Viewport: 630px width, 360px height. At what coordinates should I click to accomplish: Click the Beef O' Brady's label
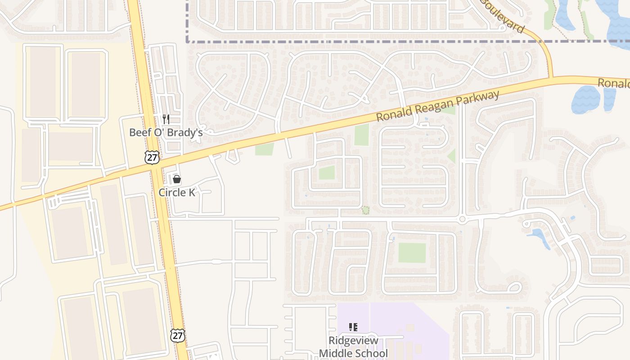tap(166, 132)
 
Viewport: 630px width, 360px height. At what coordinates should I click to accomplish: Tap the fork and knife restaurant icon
tap(166, 119)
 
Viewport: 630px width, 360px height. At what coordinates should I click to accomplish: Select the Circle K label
tap(177, 193)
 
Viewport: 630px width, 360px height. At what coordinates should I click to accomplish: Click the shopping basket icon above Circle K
tap(177, 180)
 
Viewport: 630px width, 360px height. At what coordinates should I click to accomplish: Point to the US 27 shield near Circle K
tap(152, 157)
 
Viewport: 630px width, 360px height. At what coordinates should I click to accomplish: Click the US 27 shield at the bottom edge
tap(178, 335)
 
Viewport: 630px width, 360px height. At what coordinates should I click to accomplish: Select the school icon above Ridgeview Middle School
tap(353, 327)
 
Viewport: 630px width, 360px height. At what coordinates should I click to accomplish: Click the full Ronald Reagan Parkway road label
tap(438, 106)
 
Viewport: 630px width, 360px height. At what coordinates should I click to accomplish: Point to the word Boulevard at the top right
tap(503, 16)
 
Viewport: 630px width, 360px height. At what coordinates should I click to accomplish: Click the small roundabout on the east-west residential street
tap(462, 220)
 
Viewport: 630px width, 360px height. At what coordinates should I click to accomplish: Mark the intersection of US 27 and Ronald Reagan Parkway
tap(155, 165)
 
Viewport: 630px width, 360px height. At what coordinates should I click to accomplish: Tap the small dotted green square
tap(365, 210)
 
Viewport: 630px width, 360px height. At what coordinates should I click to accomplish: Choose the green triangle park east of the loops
tap(452, 156)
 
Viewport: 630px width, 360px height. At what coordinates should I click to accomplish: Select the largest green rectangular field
tap(412, 253)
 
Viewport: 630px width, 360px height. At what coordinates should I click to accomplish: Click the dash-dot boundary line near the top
tap(360, 41)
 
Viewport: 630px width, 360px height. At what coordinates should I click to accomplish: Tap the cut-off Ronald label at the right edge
tap(614, 83)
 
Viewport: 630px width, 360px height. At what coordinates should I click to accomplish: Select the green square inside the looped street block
tap(327, 172)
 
